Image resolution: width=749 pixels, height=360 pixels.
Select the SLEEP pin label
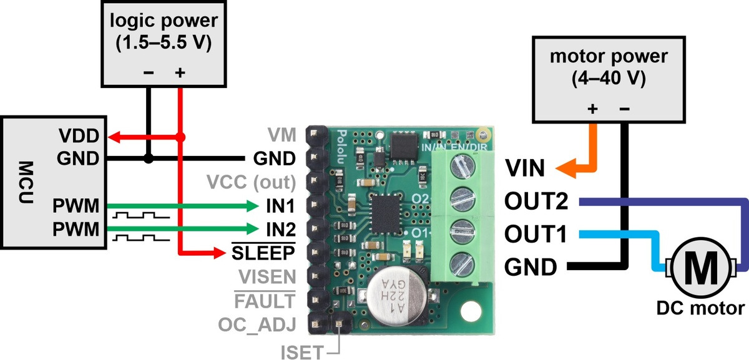[x=263, y=253]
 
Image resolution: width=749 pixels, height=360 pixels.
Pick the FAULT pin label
[x=264, y=301]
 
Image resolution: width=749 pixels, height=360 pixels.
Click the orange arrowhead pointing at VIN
[x=566, y=168]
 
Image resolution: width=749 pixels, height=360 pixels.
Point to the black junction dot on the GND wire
[x=148, y=159]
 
